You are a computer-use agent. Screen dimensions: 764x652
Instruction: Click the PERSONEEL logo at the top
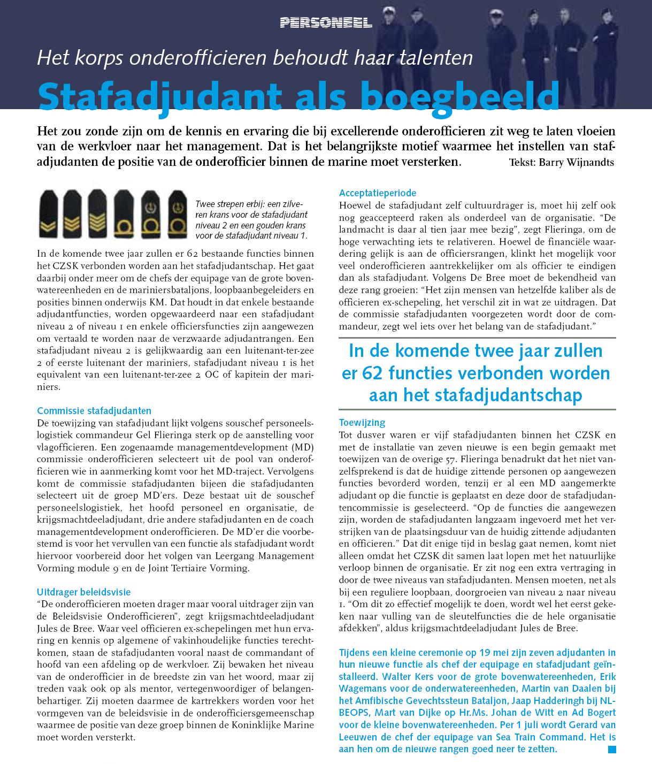(326, 22)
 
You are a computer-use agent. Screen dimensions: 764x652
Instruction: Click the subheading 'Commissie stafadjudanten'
(94, 411)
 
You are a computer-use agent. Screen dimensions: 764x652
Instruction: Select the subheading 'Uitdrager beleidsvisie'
(84, 592)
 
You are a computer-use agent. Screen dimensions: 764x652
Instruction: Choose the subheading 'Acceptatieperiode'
(378, 193)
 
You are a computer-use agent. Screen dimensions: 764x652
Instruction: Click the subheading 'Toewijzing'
(362, 423)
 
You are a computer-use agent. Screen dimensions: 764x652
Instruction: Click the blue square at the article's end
(612, 750)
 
